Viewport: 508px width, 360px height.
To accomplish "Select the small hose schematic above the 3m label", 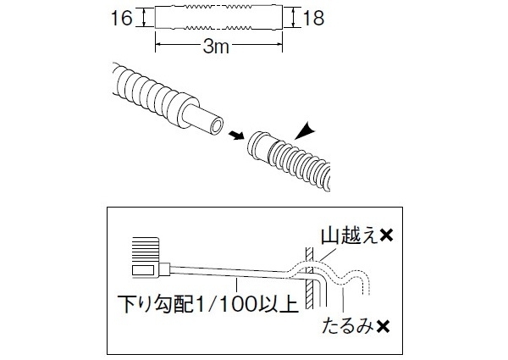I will [218, 18].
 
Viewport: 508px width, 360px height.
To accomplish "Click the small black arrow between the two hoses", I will [235, 136].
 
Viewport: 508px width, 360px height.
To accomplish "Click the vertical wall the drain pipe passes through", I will [311, 284].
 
